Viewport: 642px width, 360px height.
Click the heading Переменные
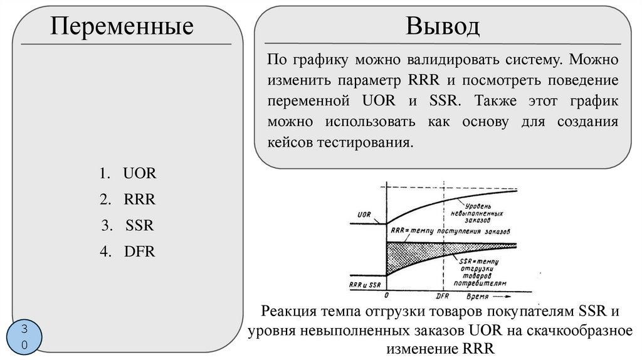[122, 26]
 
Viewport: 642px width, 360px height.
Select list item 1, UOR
[139, 174]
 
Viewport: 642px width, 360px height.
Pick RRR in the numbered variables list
[139, 199]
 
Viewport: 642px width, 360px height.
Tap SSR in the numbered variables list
[139, 226]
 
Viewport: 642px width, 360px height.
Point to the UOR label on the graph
[364, 214]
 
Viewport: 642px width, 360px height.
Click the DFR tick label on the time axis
[443, 295]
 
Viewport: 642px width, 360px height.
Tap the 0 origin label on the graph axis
[386, 295]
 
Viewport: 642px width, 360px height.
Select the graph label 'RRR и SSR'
[365, 285]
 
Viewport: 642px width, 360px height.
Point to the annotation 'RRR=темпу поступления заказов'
[451, 230]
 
